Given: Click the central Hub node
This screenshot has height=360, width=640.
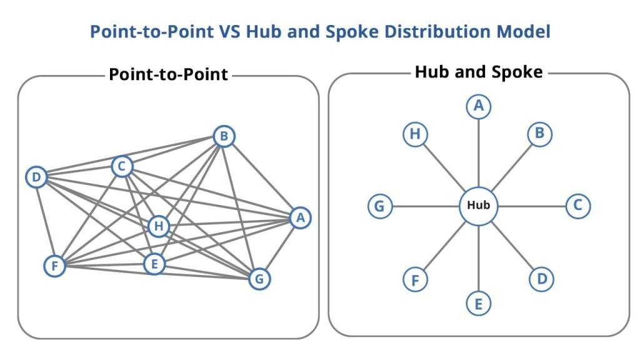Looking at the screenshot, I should point(479,206).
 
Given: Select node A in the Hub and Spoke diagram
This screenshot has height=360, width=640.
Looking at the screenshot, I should point(479,107).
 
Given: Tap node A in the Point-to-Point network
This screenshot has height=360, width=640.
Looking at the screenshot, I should point(301,218).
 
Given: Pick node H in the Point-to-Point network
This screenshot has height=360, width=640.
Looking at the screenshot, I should point(159,226).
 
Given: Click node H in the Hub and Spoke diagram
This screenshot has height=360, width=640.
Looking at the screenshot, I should point(414,134).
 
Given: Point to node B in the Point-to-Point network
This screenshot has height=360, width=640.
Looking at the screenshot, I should point(224,137).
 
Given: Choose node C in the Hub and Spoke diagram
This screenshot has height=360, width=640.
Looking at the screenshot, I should point(577,206).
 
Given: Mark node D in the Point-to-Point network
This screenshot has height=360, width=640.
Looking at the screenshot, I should point(36,178).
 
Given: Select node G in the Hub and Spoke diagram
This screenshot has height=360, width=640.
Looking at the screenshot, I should point(379,206).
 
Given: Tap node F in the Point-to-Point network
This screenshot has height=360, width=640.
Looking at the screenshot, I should point(54,266).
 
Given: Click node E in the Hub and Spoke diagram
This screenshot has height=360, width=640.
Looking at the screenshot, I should point(479,304).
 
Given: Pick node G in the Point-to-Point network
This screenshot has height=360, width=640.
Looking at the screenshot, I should point(259,279).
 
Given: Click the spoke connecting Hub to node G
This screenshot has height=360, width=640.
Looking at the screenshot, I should point(425,206).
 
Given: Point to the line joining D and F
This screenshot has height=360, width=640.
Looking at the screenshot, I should point(45,222).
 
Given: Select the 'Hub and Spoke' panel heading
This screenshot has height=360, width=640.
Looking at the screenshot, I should point(478,72).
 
